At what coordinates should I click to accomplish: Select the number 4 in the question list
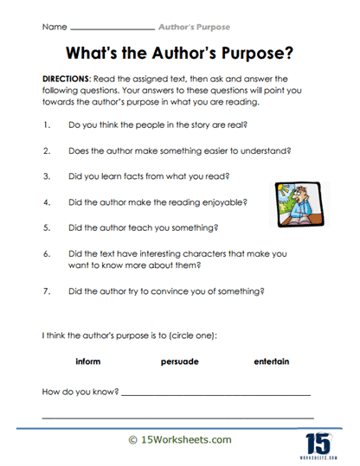click(45, 204)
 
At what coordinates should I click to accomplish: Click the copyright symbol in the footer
click(132, 440)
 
